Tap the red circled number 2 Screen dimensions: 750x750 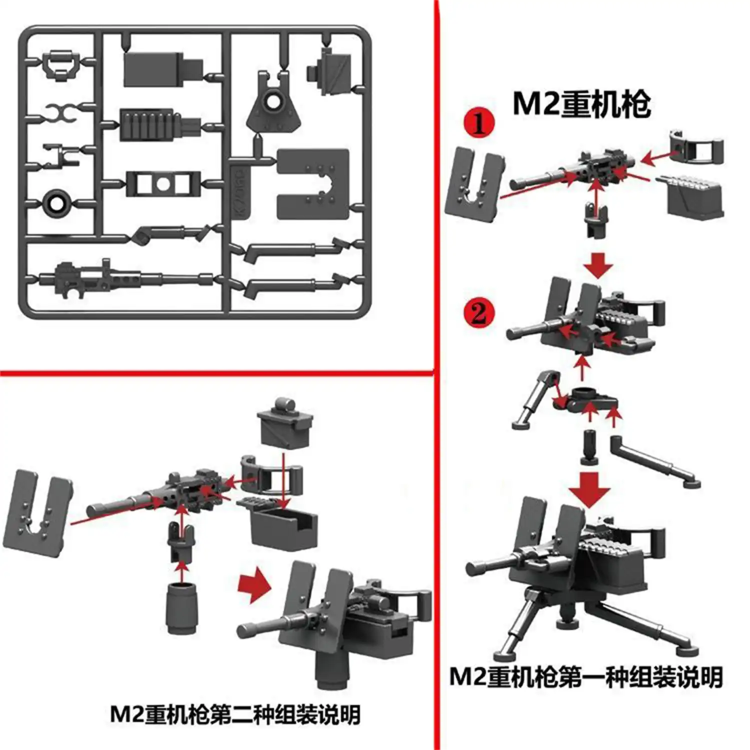coord(478,313)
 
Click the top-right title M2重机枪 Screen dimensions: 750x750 coord(581,105)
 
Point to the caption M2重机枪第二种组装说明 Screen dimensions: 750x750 coord(235,714)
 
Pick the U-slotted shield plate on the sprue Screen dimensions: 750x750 coord(312,184)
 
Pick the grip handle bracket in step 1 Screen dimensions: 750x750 coord(695,146)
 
